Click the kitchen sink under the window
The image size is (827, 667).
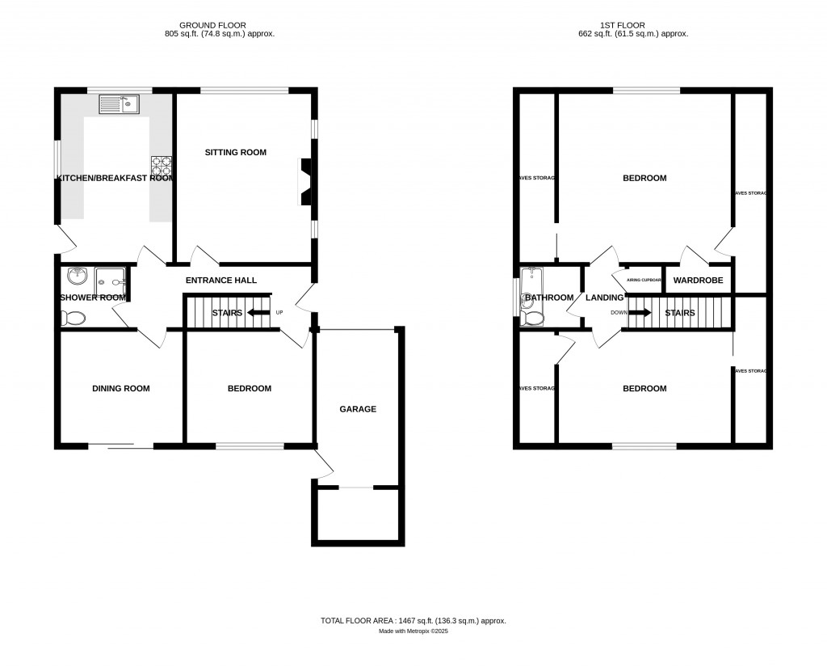click(x=120, y=103)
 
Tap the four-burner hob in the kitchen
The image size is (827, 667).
click(x=162, y=165)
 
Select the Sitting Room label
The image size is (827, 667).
click(x=235, y=152)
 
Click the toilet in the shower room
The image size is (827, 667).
click(x=72, y=319)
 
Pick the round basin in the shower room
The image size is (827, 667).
click(x=78, y=277)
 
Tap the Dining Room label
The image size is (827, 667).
click(x=120, y=388)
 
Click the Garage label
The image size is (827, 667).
click(x=357, y=409)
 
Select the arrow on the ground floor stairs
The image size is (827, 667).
click(x=258, y=312)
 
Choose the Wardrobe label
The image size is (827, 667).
click(x=698, y=281)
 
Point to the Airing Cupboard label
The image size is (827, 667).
click(x=644, y=280)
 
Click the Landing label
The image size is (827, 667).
click(x=604, y=298)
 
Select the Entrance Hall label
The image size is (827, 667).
click(x=220, y=281)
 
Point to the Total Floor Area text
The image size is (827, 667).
click(x=413, y=620)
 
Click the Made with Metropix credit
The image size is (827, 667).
click(x=413, y=631)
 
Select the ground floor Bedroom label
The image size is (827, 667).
click(x=249, y=388)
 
